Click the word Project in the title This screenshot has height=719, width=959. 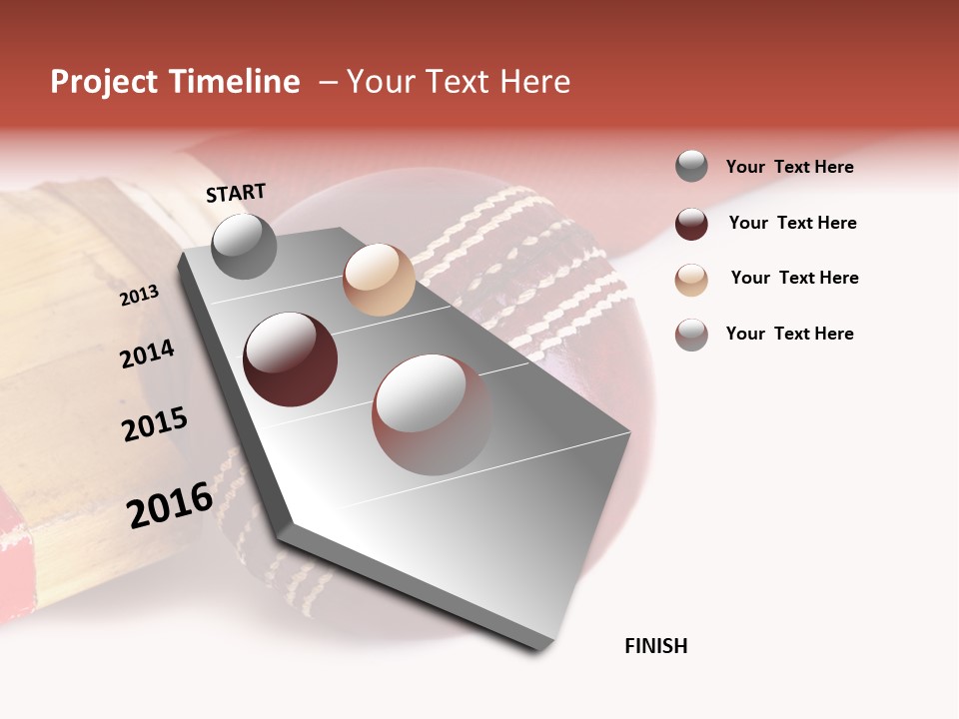click(105, 82)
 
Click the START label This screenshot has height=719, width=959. click(236, 193)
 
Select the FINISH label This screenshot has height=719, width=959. click(655, 646)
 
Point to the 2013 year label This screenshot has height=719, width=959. click(139, 295)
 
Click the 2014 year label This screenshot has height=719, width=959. click(147, 354)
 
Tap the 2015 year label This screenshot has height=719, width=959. click(154, 424)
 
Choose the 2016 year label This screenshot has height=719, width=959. click(169, 505)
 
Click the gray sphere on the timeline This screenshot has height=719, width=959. click(244, 246)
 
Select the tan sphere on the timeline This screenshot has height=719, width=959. click(379, 280)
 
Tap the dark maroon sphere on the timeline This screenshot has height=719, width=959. click(290, 359)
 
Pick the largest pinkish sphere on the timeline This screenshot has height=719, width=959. click(432, 414)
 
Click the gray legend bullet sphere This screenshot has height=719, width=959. click(691, 167)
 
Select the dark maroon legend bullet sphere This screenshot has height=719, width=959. click(691, 224)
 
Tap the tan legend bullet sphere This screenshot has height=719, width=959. click(691, 280)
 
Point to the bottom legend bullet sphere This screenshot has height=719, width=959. click(691, 335)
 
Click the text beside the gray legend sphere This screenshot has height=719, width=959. click(789, 168)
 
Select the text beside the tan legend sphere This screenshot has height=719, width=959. click(794, 278)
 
